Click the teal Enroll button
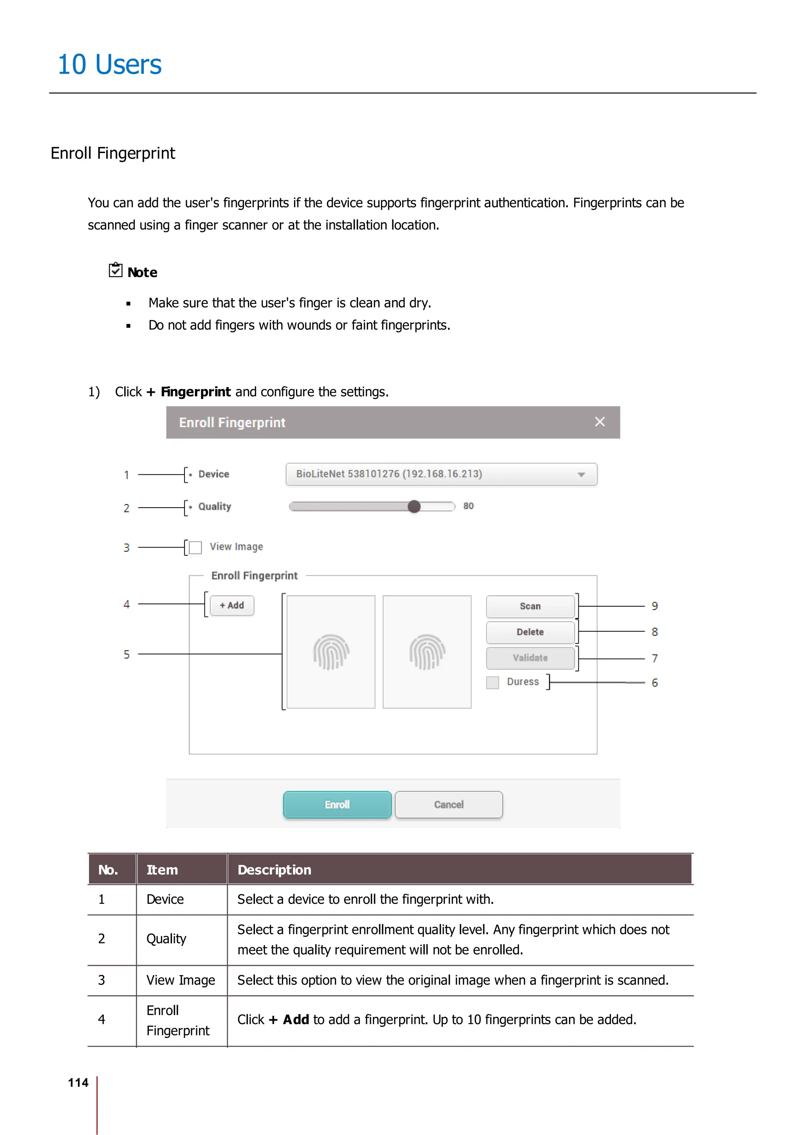pos(337,804)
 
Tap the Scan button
pos(530,606)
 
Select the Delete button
pos(530,632)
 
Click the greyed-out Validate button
pos(530,658)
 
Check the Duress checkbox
pos(493,683)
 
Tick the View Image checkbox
pos(196,547)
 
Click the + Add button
pos(232,605)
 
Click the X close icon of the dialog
pos(600,422)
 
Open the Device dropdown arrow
pos(581,475)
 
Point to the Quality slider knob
pos(414,506)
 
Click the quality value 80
pos(468,506)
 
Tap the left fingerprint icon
pos(331,652)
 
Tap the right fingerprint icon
pos(427,652)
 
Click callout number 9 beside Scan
pos(655,606)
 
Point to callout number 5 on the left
pos(126,654)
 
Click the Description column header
pos(274,870)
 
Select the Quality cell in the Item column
pos(166,939)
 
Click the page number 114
pos(78,1083)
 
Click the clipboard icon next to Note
pos(116,270)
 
